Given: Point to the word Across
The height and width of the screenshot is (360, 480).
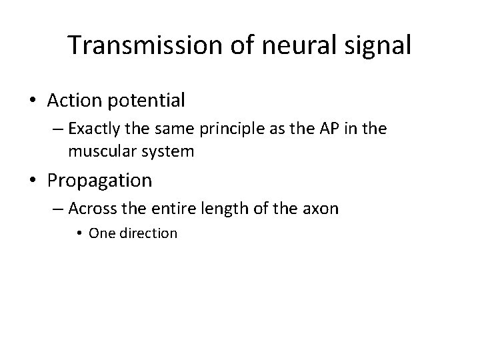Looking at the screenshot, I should point(93,209).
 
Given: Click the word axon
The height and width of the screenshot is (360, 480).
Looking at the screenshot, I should point(320,209).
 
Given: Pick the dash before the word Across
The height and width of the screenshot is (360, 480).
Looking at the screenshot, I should point(55,209).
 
